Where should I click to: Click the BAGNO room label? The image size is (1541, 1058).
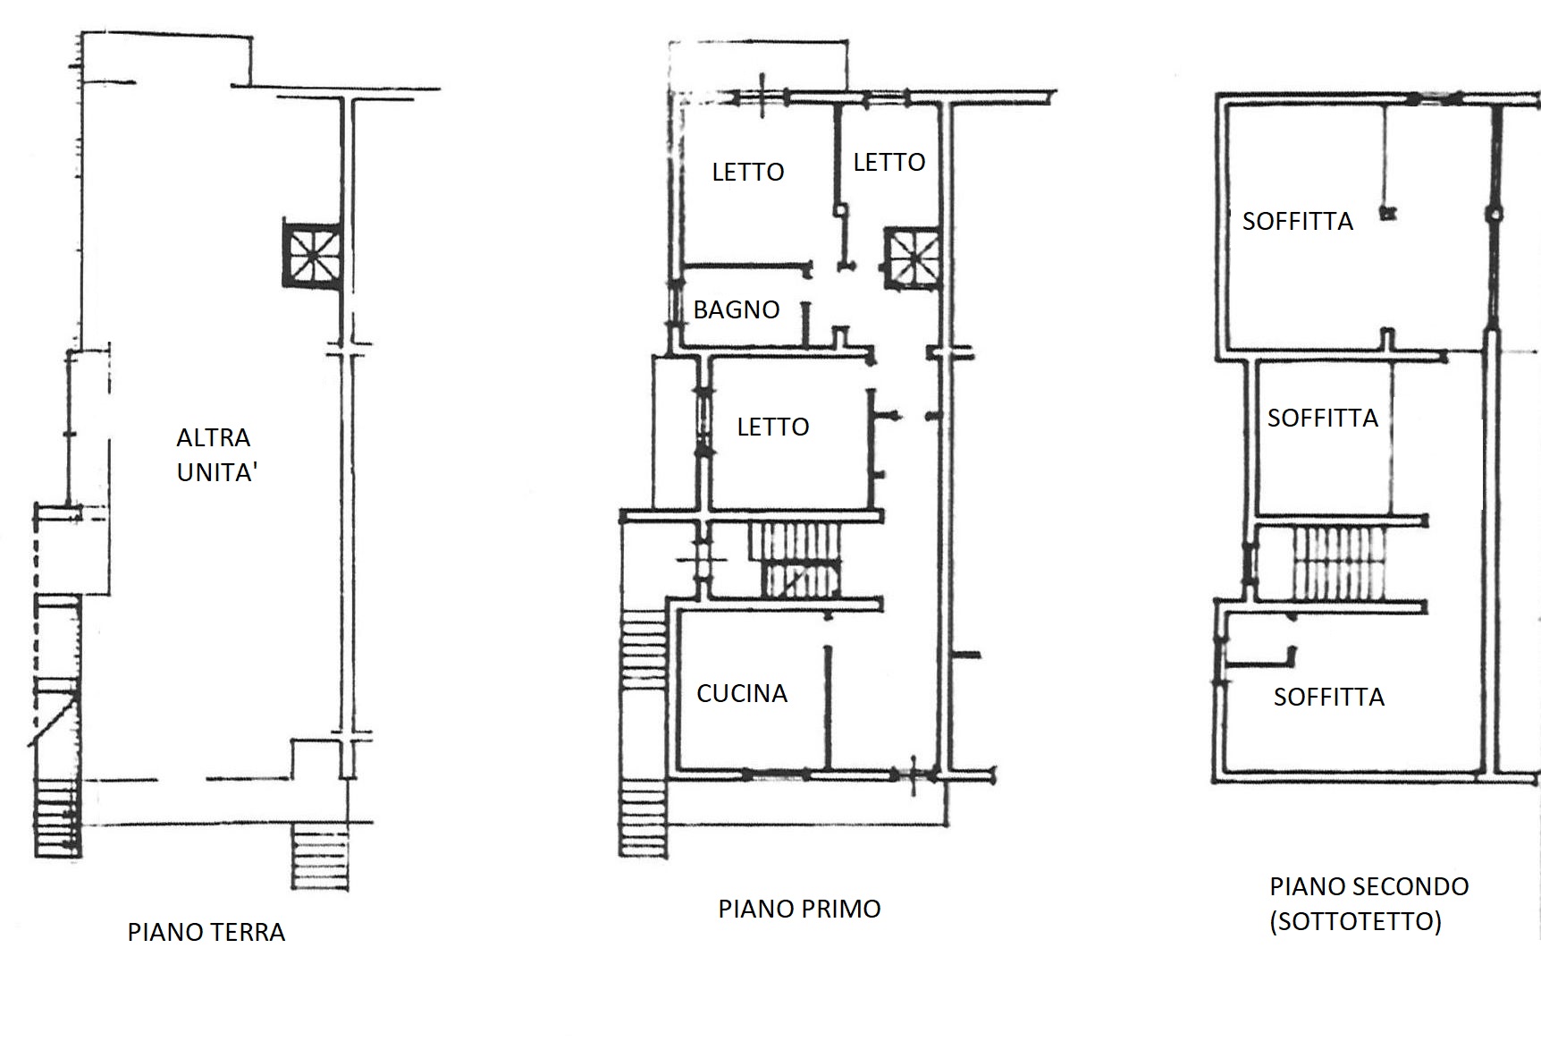point(737,309)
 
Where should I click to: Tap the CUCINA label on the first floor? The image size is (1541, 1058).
point(742,693)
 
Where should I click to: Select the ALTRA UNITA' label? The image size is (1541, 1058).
point(216,454)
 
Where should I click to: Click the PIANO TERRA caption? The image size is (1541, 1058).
point(206,932)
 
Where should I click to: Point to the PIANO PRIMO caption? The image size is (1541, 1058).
point(800,909)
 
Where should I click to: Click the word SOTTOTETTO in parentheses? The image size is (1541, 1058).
point(1356,921)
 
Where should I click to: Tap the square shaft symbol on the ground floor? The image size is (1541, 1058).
point(312,253)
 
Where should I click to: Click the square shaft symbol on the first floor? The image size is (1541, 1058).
point(913,258)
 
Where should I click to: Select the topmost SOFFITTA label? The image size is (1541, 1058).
point(1298,221)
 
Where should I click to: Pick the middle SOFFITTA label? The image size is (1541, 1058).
point(1323,418)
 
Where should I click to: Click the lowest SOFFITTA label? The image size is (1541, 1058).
point(1329,697)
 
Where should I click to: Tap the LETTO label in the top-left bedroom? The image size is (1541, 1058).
point(748,172)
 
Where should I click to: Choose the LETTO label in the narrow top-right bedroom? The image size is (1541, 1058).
point(889,162)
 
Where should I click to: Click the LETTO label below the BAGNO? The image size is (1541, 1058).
point(773,427)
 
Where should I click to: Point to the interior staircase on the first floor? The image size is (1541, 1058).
point(796,561)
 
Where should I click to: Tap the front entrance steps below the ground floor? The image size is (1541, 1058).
point(320,858)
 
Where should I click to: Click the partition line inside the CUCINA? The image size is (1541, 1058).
point(829,707)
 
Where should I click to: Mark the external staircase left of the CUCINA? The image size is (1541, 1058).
point(644,733)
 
